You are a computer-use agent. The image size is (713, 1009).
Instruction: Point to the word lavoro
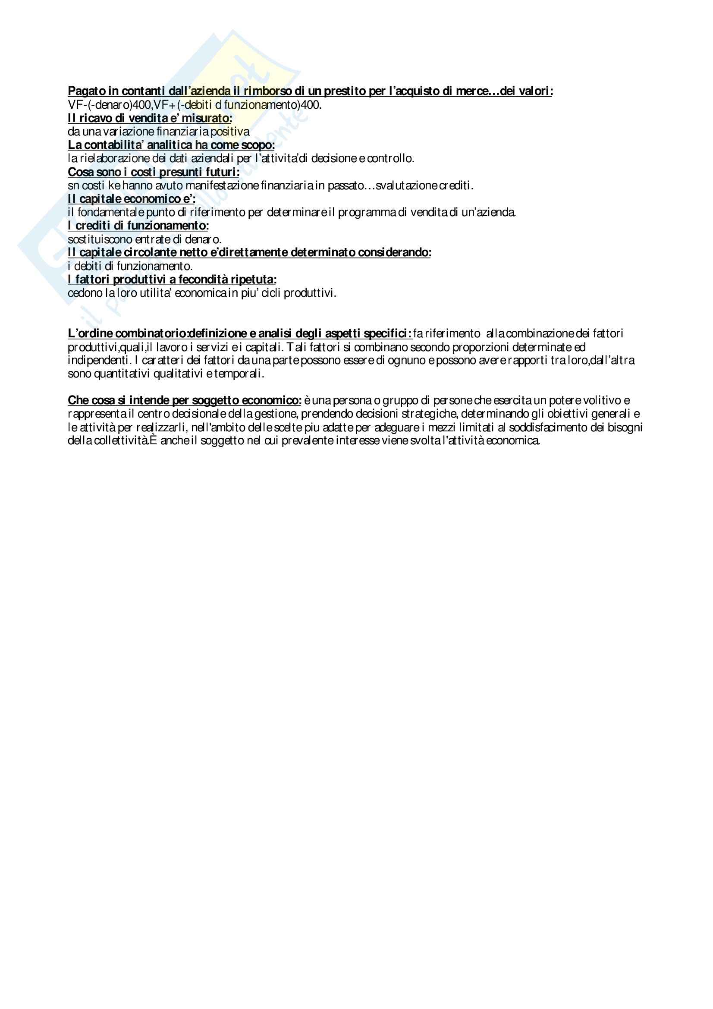(x=171, y=347)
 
